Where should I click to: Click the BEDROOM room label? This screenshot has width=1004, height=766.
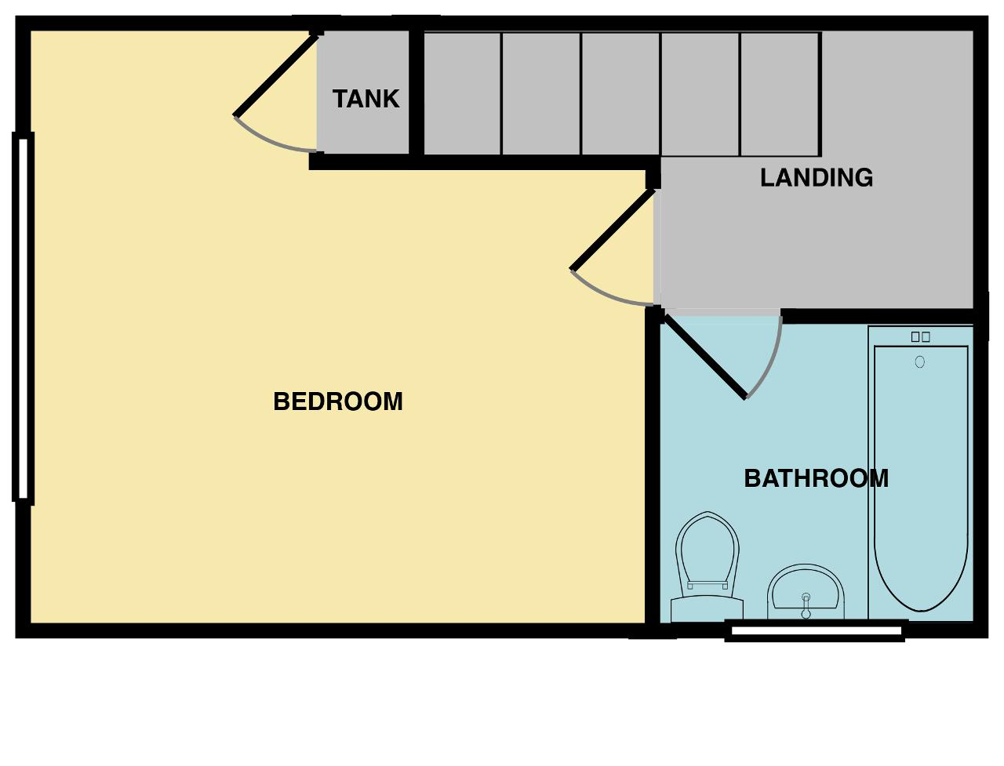pyautogui.click(x=337, y=401)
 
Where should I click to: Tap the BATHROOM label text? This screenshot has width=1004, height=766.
pyautogui.click(x=816, y=478)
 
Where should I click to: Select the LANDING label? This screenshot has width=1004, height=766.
pyautogui.click(x=817, y=177)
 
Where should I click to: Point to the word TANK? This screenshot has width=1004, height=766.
pyautogui.click(x=366, y=99)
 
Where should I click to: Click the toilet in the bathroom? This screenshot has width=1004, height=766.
pyautogui.click(x=707, y=567)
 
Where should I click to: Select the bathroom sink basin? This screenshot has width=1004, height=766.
pyautogui.click(x=806, y=593)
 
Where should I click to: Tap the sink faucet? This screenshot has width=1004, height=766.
pyautogui.click(x=806, y=605)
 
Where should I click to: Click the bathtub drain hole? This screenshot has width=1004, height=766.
pyautogui.click(x=920, y=362)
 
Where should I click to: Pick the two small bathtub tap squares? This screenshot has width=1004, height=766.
pyautogui.click(x=920, y=337)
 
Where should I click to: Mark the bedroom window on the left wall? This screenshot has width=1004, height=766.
pyautogui.click(x=23, y=318)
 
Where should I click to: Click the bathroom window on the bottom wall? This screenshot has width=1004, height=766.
pyautogui.click(x=816, y=631)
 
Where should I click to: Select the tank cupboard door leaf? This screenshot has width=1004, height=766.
pyautogui.click(x=276, y=76)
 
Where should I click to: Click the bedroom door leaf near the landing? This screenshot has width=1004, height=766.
pyautogui.click(x=613, y=230)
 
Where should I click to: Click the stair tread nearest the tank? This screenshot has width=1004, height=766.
pyautogui.click(x=463, y=94)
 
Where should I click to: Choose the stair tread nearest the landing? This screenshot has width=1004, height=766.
pyautogui.click(x=780, y=94)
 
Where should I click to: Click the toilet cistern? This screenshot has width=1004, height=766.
pyautogui.click(x=707, y=608)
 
